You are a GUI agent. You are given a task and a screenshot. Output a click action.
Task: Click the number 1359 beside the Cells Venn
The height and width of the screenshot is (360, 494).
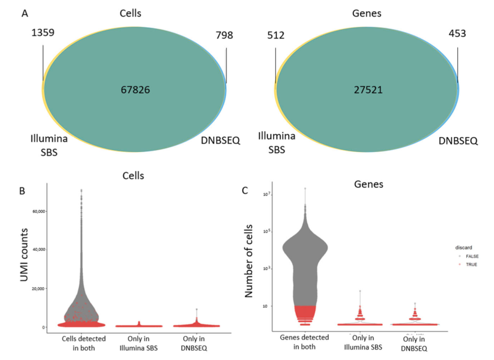(43, 34)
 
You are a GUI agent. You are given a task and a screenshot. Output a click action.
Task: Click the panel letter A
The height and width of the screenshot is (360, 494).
(25, 14)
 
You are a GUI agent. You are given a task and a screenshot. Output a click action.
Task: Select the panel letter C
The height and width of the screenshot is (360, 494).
(245, 189)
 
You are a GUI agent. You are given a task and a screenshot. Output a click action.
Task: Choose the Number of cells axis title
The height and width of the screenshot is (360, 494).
(250, 264)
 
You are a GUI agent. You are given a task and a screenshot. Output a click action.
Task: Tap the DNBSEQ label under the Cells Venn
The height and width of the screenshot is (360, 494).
(220, 141)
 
